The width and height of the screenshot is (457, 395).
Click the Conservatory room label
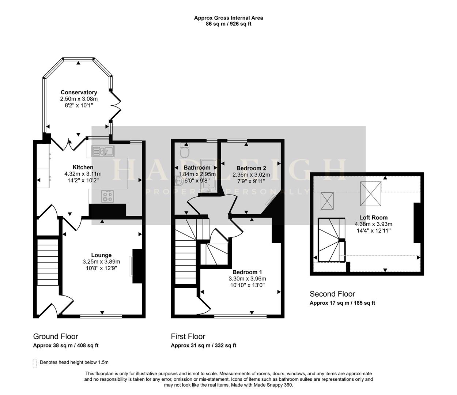[79, 92]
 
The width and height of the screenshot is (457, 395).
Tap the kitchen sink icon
[103, 151]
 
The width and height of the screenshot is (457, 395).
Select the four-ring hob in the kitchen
[108, 196]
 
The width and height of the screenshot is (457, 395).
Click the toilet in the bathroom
[184, 150]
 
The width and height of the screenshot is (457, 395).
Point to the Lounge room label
[101, 255]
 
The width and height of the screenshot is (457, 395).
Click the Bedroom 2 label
[251, 168]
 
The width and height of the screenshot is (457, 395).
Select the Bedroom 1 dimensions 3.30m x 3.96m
[247, 279]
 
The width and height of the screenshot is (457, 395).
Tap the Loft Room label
[373, 217]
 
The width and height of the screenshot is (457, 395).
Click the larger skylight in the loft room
[371, 194]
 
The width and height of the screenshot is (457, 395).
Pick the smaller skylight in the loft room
[327, 201]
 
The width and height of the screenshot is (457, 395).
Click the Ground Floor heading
[56, 336]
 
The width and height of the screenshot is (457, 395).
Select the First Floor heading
[188, 336]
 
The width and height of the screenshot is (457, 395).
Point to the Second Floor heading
[332, 294]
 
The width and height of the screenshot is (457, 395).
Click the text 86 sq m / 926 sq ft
[228, 24]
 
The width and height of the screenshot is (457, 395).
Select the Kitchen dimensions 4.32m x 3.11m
[83, 174]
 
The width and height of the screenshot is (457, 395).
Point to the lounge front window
[101, 316]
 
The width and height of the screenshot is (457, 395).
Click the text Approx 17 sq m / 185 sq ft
[342, 303]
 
